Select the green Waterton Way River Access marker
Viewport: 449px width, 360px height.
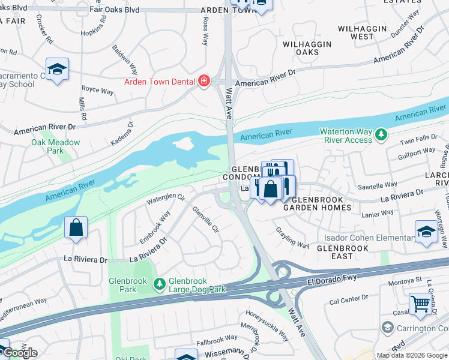coord(380,136)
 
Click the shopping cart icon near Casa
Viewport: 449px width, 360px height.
coord(421,305)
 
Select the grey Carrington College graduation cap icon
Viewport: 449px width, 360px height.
coord(387,328)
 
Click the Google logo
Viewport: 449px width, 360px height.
coord(19,353)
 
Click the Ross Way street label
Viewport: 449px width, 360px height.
coord(205,31)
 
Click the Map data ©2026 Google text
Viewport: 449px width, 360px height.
coord(411,355)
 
